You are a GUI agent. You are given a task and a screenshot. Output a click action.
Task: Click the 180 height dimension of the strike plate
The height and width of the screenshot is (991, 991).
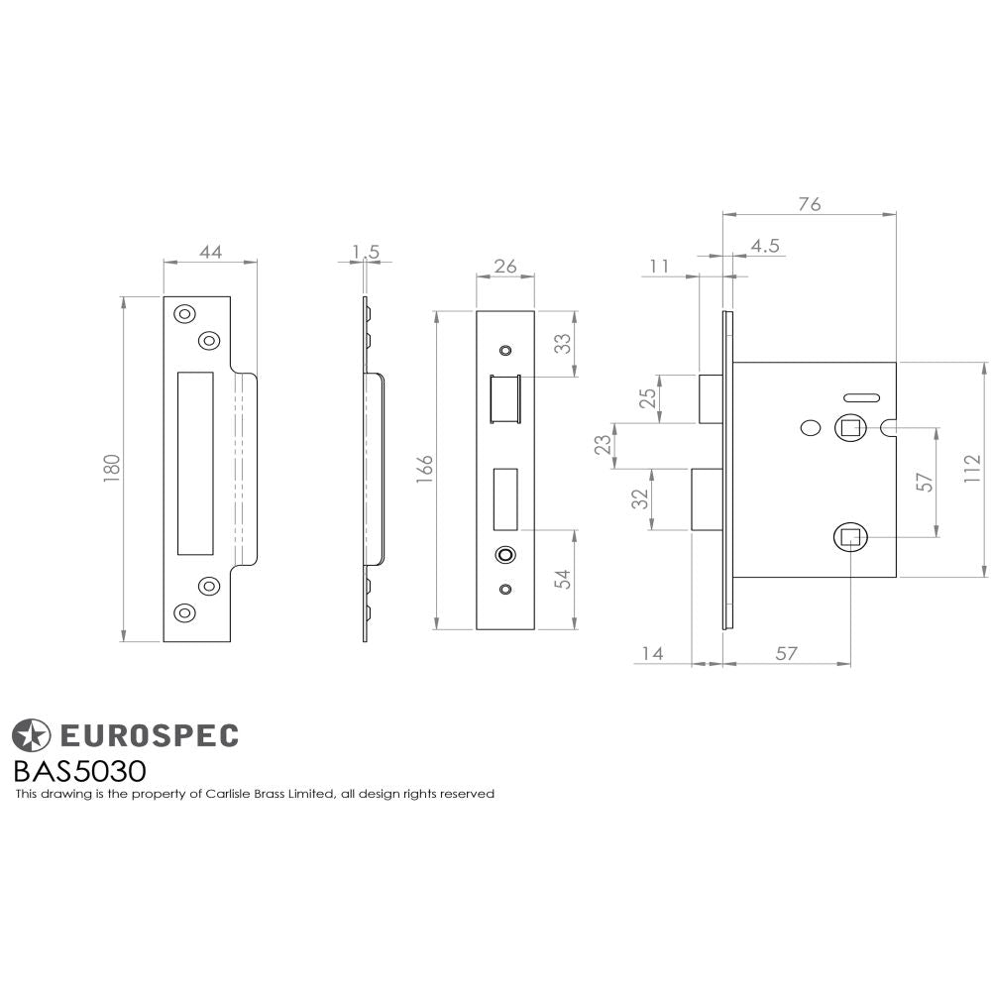[x=111, y=469]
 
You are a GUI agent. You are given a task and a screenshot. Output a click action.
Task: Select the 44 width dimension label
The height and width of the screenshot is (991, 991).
[x=210, y=252]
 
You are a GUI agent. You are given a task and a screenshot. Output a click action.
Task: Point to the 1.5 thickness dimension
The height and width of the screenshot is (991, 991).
[x=367, y=252]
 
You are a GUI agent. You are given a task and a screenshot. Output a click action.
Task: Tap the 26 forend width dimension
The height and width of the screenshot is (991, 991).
[x=505, y=266]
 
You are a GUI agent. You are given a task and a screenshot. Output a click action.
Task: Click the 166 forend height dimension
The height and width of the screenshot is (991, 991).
[x=424, y=470]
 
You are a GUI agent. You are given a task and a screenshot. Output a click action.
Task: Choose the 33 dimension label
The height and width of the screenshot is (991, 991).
[x=562, y=344]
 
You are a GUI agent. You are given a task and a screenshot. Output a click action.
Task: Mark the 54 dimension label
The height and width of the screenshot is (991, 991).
[x=562, y=580]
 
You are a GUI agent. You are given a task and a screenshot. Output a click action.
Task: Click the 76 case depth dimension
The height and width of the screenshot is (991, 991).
[x=809, y=204]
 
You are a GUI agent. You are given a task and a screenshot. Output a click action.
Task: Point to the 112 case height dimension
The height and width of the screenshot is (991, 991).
[x=973, y=469]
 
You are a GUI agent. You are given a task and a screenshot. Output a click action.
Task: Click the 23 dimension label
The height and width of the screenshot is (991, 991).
[x=601, y=446]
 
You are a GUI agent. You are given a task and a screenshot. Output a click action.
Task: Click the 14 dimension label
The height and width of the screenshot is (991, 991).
[x=651, y=653]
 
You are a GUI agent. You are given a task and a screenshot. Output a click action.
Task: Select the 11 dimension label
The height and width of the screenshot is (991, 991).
[x=660, y=266]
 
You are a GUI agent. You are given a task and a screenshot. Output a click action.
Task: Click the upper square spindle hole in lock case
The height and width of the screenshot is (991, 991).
[x=850, y=428]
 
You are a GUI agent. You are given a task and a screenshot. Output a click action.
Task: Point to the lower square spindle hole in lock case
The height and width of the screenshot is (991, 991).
[x=850, y=537]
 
